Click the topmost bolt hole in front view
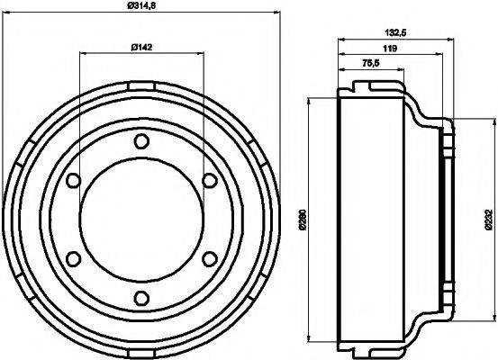click(140, 141)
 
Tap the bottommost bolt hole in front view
click(140, 300)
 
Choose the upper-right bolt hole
click(208, 181)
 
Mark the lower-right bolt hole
click(208, 260)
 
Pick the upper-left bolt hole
click(71, 181)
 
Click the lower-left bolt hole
click(71, 260)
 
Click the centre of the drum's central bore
click(140, 220)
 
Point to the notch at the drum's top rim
click(140, 85)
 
